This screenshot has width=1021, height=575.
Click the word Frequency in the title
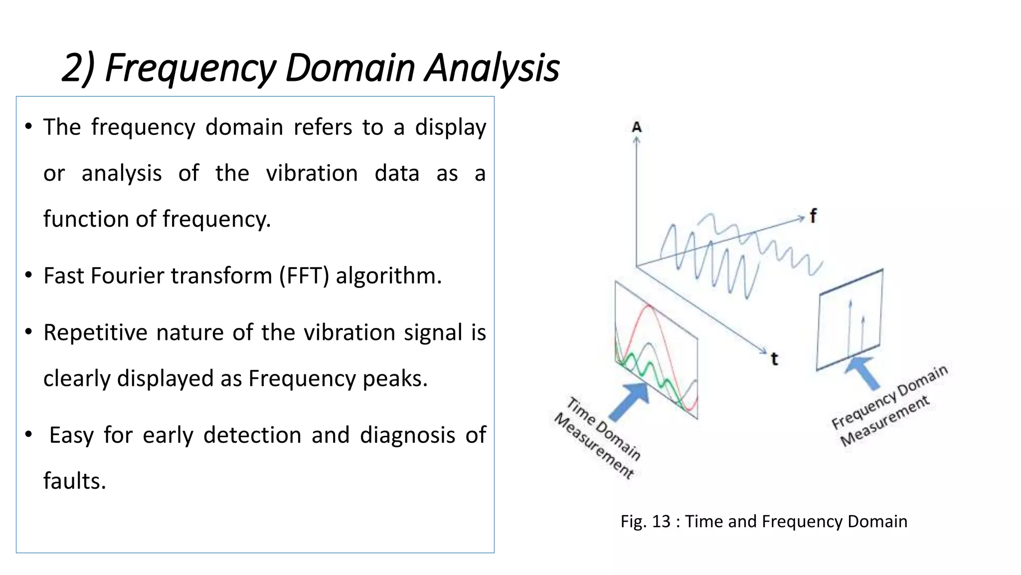point(190,68)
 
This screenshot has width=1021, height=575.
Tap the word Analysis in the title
point(492,68)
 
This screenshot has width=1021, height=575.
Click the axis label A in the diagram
point(637,128)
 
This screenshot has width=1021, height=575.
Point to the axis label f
point(813,216)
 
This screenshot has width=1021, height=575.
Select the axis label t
point(774,359)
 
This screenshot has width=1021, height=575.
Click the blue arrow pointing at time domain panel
point(630,402)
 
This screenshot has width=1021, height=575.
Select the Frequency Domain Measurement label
point(888,406)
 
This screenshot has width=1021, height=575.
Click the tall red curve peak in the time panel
point(649,306)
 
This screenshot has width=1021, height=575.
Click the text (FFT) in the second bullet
point(304,276)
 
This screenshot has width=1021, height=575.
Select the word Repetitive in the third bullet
point(95,333)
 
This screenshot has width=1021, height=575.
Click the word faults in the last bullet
point(74,481)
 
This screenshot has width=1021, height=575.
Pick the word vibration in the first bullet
point(312,174)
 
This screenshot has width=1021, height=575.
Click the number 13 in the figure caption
point(661,522)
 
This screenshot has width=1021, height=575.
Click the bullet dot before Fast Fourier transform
point(29,275)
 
